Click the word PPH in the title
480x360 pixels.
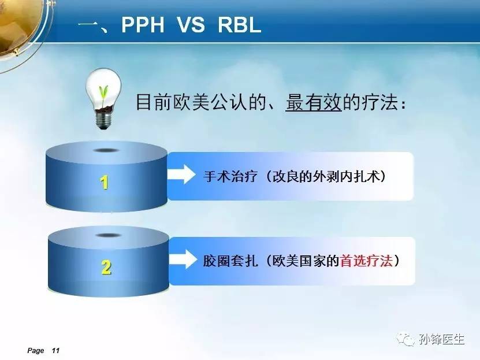[143, 24]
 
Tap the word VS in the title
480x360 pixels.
[191, 24]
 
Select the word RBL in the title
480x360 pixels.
[239, 24]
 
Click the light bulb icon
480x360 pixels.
[103, 99]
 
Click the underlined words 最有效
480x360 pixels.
[314, 102]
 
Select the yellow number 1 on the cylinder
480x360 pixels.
[105, 183]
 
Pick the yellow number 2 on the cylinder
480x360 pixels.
[106, 267]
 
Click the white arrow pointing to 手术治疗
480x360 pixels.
[181, 174]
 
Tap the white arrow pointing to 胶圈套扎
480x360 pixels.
[183, 259]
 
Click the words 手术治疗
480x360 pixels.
[230, 177]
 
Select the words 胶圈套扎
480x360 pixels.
[230, 261]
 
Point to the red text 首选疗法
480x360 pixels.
[366, 261]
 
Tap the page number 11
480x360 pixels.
[55, 351]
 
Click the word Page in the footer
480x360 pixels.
[35, 351]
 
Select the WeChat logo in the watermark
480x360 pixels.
[406, 339]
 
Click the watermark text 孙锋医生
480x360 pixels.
[442, 339]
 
